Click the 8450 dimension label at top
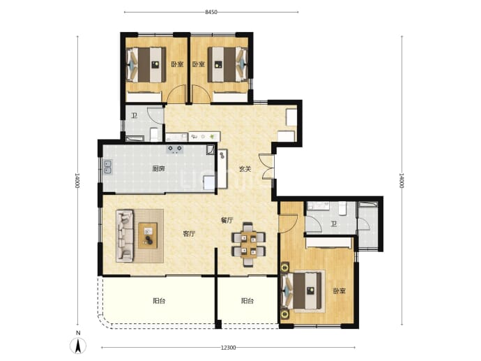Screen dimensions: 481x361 (x=211, y=13)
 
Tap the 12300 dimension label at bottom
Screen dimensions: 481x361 (x=228, y=348)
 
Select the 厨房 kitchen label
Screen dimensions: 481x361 (x=158, y=169)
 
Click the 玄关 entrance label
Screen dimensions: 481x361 (x=245, y=169)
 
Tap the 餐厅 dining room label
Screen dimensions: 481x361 (x=227, y=220)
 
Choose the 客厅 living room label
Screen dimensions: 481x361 (x=189, y=234)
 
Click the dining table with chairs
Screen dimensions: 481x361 (x=248, y=244)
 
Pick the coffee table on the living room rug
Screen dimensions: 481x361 (x=148, y=235)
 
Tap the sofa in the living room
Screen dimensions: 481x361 (x=125, y=235)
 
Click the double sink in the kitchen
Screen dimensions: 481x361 (x=107, y=167)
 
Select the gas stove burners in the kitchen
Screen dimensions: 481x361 (x=174, y=149)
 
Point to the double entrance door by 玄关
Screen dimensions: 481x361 (x=266, y=166)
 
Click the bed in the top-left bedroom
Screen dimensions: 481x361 (x=146, y=64)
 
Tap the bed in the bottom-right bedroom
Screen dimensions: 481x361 (x=303, y=291)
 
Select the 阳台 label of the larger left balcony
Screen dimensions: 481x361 (x=159, y=301)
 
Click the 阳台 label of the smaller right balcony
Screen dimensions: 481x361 (x=247, y=301)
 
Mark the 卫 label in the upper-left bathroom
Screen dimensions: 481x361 (x=134, y=116)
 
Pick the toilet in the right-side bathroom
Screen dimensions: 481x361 (x=342, y=208)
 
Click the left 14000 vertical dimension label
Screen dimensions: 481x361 (x=77, y=181)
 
